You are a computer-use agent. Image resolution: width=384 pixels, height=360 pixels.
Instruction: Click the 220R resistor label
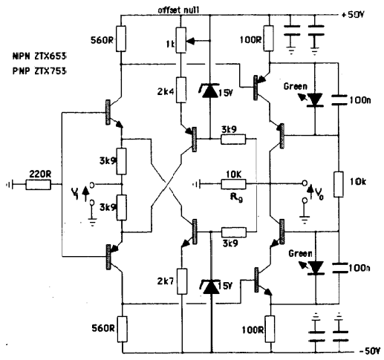point(40,174)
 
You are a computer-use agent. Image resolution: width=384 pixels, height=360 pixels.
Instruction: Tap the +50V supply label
point(353,15)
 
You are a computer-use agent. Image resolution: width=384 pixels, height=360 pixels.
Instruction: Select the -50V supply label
point(369,351)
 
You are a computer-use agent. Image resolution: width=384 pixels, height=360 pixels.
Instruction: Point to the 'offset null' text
point(178,10)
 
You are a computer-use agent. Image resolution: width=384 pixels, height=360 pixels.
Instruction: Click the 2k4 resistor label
point(166,92)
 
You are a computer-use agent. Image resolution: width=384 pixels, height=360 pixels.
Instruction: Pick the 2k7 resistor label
point(166,281)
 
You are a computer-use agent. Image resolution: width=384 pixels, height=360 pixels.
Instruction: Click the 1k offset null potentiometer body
point(181,40)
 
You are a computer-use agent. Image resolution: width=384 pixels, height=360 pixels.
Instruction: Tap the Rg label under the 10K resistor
point(236,198)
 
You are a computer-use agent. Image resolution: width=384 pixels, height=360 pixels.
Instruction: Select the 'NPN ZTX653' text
point(39,56)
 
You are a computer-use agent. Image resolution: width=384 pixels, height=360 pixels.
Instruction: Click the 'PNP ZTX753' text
point(39,71)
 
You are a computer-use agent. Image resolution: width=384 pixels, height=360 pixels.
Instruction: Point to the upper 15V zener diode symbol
point(210,90)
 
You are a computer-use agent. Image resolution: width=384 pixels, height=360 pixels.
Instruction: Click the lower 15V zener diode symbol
point(211,287)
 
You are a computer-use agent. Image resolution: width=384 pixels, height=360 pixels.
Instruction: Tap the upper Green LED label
point(296,86)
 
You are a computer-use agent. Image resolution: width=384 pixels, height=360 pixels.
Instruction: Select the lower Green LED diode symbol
point(315,268)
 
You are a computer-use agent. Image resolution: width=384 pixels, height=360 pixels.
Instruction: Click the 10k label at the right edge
point(358,182)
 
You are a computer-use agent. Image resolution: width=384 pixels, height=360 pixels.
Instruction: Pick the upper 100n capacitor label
point(359,100)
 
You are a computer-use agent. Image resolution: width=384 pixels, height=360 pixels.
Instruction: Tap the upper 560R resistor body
point(121,39)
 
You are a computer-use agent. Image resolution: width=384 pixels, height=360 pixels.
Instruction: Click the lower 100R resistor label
point(253,330)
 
